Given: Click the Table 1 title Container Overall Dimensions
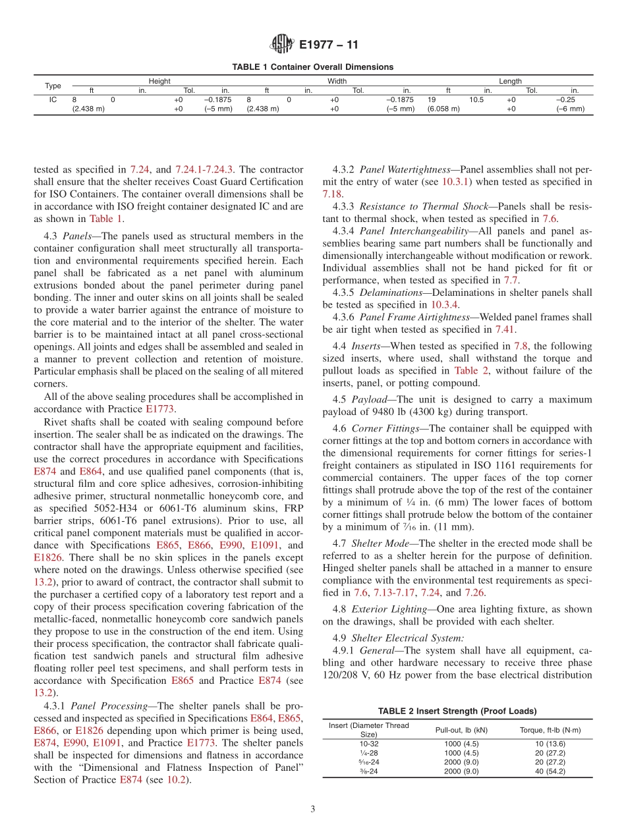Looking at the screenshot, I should [312, 67].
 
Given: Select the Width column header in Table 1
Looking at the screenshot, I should [337, 81].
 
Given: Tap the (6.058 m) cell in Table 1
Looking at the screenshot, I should [443, 109].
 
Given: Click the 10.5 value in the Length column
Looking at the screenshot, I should [476, 99].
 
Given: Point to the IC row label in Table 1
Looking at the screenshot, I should [53, 99].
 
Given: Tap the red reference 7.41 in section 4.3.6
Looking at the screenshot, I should [506, 329].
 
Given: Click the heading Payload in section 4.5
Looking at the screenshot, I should [369, 400].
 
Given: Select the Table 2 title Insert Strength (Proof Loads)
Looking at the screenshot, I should [457, 711].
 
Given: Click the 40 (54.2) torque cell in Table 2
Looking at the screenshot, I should [550, 771].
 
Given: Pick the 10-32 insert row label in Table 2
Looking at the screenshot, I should [369, 744].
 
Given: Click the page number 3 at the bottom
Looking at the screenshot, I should [313, 809].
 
